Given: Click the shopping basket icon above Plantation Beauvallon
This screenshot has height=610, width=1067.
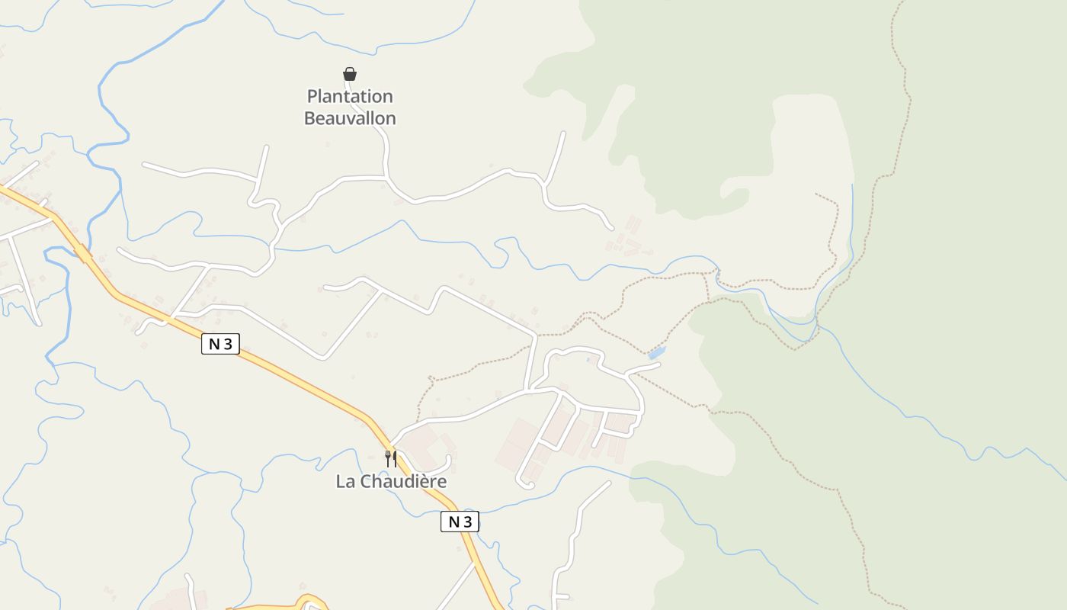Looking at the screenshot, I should [x=350, y=74].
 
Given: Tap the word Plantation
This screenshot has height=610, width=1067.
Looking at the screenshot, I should [x=350, y=97].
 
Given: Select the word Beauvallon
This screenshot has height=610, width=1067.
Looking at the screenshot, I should [x=350, y=118].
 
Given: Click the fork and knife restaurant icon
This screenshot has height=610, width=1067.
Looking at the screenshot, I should [x=391, y=458].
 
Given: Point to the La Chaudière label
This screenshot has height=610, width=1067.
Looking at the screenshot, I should [x=391, y=482].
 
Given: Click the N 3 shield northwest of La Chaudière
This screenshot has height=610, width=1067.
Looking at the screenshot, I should [x=220, y=344].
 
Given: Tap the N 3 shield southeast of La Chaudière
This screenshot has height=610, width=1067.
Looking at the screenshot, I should [x=460, y=522].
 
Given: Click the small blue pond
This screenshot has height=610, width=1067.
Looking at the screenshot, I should [x=656, y=352].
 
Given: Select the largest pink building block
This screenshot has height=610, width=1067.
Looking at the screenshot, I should [x=517, y=444].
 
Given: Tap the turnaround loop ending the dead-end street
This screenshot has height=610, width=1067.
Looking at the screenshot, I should [x=524, y=482].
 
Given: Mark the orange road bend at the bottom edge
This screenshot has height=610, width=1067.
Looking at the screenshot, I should [x=309, y=601].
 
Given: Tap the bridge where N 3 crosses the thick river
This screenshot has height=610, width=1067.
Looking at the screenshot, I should [x=82, y=252].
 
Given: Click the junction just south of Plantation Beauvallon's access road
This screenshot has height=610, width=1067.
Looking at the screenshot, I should [x=387, y=178].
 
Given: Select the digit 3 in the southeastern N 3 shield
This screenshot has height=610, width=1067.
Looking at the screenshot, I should [x=468, y=522].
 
